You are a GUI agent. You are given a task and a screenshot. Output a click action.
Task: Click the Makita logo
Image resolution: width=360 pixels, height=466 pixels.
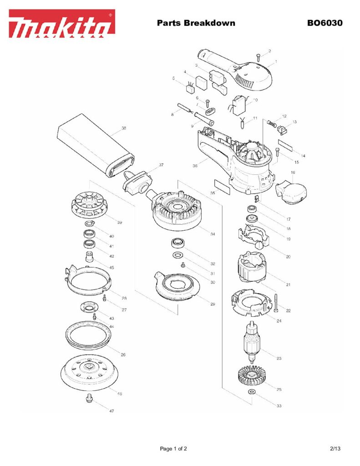(x=62, y=23)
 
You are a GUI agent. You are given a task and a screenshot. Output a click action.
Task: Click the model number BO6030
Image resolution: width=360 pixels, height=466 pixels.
(x=325, y=23)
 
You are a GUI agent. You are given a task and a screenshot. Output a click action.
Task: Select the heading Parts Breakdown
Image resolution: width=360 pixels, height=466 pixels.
(x=196, y=23)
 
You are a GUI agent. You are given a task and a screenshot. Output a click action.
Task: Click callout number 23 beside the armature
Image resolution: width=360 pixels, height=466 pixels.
(x=279, y=358)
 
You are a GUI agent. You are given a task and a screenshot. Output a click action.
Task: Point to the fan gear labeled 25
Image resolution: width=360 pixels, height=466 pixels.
(x=251, y=377)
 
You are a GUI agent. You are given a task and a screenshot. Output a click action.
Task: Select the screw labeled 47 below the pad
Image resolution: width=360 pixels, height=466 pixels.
(x=89, y=400)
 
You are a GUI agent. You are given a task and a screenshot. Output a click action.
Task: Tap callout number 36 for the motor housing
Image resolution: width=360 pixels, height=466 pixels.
(x=195, y=166)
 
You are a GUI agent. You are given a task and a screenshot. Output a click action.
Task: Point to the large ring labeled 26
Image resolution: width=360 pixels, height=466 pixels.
(x=89, y=336)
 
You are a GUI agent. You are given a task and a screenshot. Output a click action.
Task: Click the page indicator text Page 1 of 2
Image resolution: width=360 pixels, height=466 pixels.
(x=173, y=449)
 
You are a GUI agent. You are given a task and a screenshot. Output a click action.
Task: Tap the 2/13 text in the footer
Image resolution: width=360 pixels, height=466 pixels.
(x=335, y=449)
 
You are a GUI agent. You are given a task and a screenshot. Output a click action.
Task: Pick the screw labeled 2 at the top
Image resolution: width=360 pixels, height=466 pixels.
(x=258, y=56)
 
